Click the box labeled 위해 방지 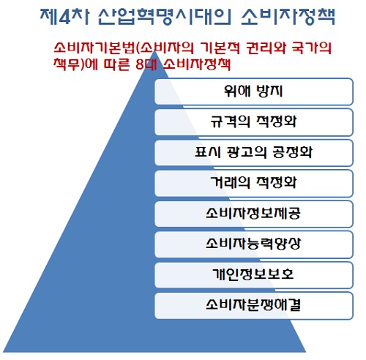tap(254, 91)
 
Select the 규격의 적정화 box tap(254, 122)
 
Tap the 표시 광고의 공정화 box tap(254, 153)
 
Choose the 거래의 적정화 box tap(254, 184)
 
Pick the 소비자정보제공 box tap(254, 214)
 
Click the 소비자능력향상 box tap(254, 244)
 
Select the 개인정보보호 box tap(254, 275)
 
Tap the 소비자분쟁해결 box tap(254, 306)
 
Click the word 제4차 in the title tap(64, 17)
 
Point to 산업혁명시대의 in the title tap(164, 17)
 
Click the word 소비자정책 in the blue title tap(288, 17)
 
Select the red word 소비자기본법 tap(94, 48)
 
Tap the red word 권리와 tap(266, 48)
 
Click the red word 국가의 tap(312, 48)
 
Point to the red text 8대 tap(146, 64)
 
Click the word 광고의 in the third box tap(246, 152)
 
